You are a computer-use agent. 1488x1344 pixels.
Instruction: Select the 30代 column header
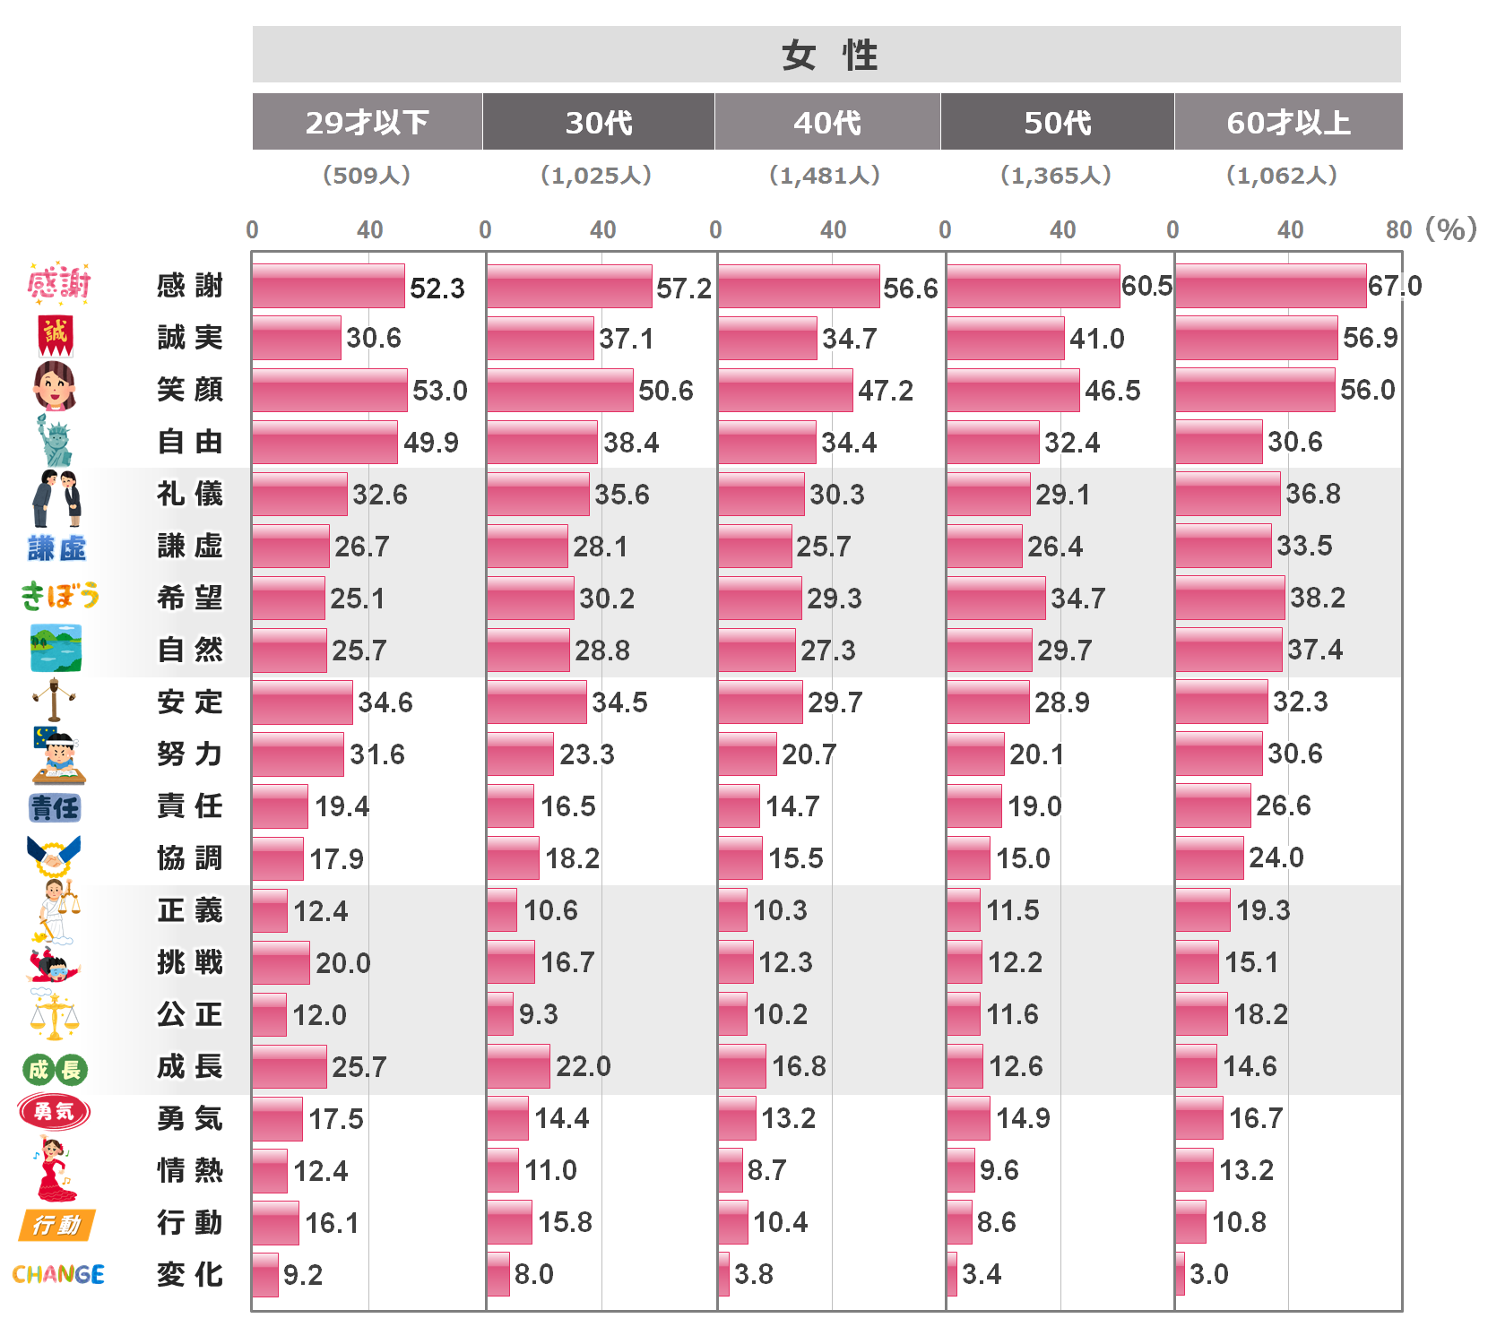(x=598, y=122)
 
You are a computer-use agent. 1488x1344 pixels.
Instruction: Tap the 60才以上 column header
(x=1288, y=122)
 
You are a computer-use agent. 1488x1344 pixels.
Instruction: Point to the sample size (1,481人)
(x=825, y=176)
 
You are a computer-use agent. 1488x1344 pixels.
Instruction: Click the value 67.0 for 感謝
(x=1395, y=286)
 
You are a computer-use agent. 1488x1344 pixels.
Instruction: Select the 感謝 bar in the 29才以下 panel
(x=328, y=287)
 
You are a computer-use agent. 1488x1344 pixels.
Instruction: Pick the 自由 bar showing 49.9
(x=324, y=443)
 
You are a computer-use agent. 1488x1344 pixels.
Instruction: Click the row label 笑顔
(x=189, y=390)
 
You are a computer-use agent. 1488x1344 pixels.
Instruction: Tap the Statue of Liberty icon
(x=56, y=441)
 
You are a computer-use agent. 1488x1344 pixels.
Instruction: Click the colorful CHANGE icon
(x=58, y=1274)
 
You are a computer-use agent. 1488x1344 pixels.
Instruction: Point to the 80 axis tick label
(x=1398, y=230)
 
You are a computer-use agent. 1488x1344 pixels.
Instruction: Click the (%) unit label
(x=1450, y=229)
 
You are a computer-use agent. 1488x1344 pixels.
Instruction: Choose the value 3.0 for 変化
(x=1208, y=1274)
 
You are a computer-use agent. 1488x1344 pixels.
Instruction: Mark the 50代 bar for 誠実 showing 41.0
(x=1005, y=339)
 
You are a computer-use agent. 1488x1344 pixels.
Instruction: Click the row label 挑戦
(x=189, y=962)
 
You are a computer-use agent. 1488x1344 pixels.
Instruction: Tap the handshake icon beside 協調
(x=54, y=857)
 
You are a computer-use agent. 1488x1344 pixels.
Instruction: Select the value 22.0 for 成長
(x=583, y=1066)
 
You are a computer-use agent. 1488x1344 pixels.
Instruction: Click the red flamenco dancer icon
(x=56, y=1170)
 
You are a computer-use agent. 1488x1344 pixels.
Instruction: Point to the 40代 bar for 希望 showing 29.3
(x=759, y=599)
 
